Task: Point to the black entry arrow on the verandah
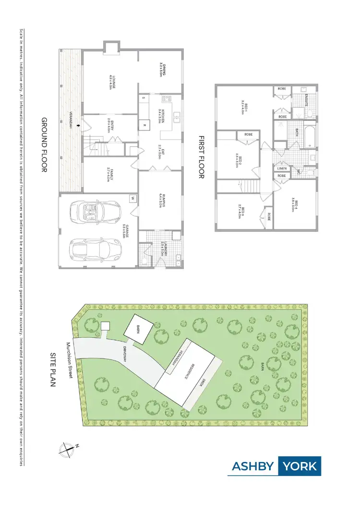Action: [x=85, y=126]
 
